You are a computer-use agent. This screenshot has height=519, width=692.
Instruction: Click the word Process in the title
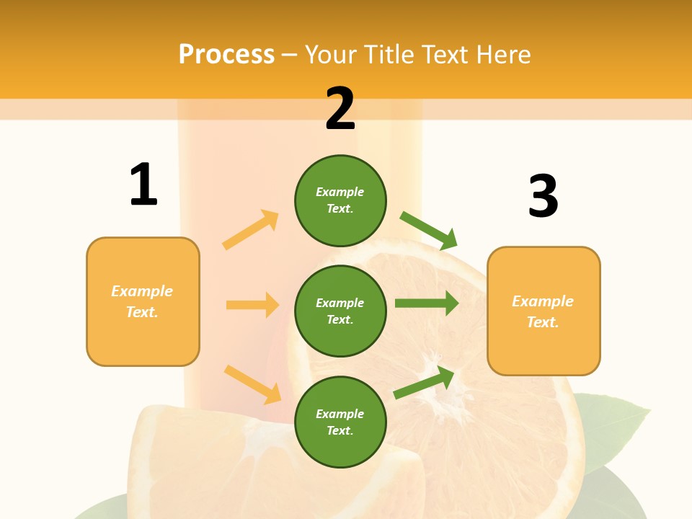click(226, 54)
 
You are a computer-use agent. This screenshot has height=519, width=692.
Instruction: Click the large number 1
click(143, 185)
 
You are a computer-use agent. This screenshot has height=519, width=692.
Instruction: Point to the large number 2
click(340, 109)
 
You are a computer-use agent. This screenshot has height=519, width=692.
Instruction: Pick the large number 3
click(543, 196)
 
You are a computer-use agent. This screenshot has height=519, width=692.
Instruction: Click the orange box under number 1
click(143, 301)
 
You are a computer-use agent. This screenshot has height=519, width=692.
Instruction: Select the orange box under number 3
click(544, 311)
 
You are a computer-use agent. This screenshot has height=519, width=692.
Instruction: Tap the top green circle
click(340, 200)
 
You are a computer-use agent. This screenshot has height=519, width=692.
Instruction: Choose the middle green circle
click(340, 311)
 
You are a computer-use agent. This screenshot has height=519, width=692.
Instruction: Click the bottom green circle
click(340, 422)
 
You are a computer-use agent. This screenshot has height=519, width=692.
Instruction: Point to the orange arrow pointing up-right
click(251, 230)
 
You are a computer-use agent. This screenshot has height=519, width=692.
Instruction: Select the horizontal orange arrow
click(252, 305)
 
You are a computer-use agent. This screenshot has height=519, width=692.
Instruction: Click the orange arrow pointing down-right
click(252, 384)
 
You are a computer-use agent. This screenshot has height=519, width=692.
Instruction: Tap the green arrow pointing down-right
click(429, 230)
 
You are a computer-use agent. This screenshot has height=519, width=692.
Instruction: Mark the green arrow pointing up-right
click(424, 383)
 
